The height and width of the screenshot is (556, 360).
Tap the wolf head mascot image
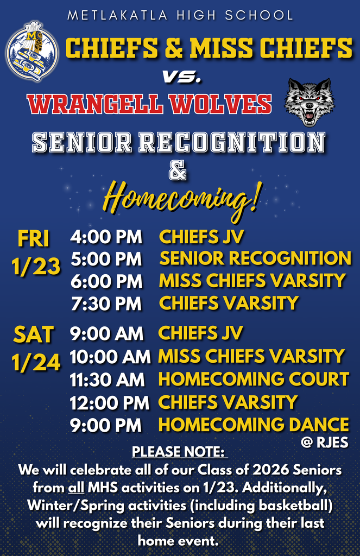310,102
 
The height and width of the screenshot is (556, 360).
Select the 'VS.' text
182,78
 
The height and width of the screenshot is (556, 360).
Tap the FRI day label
34,238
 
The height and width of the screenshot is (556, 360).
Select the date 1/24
36,363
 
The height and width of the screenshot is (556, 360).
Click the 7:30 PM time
106,304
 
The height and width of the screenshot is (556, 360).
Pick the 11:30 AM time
107,380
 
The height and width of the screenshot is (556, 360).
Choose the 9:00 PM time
106,425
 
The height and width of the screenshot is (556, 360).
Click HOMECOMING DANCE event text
253,425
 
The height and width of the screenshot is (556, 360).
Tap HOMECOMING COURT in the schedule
253,379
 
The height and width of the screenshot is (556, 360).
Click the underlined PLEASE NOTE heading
179,452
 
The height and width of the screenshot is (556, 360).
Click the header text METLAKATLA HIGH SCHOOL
180,15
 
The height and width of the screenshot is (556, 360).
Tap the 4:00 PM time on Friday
106,237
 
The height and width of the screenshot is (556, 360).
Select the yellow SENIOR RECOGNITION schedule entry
255,258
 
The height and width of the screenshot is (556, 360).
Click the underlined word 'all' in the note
75,488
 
